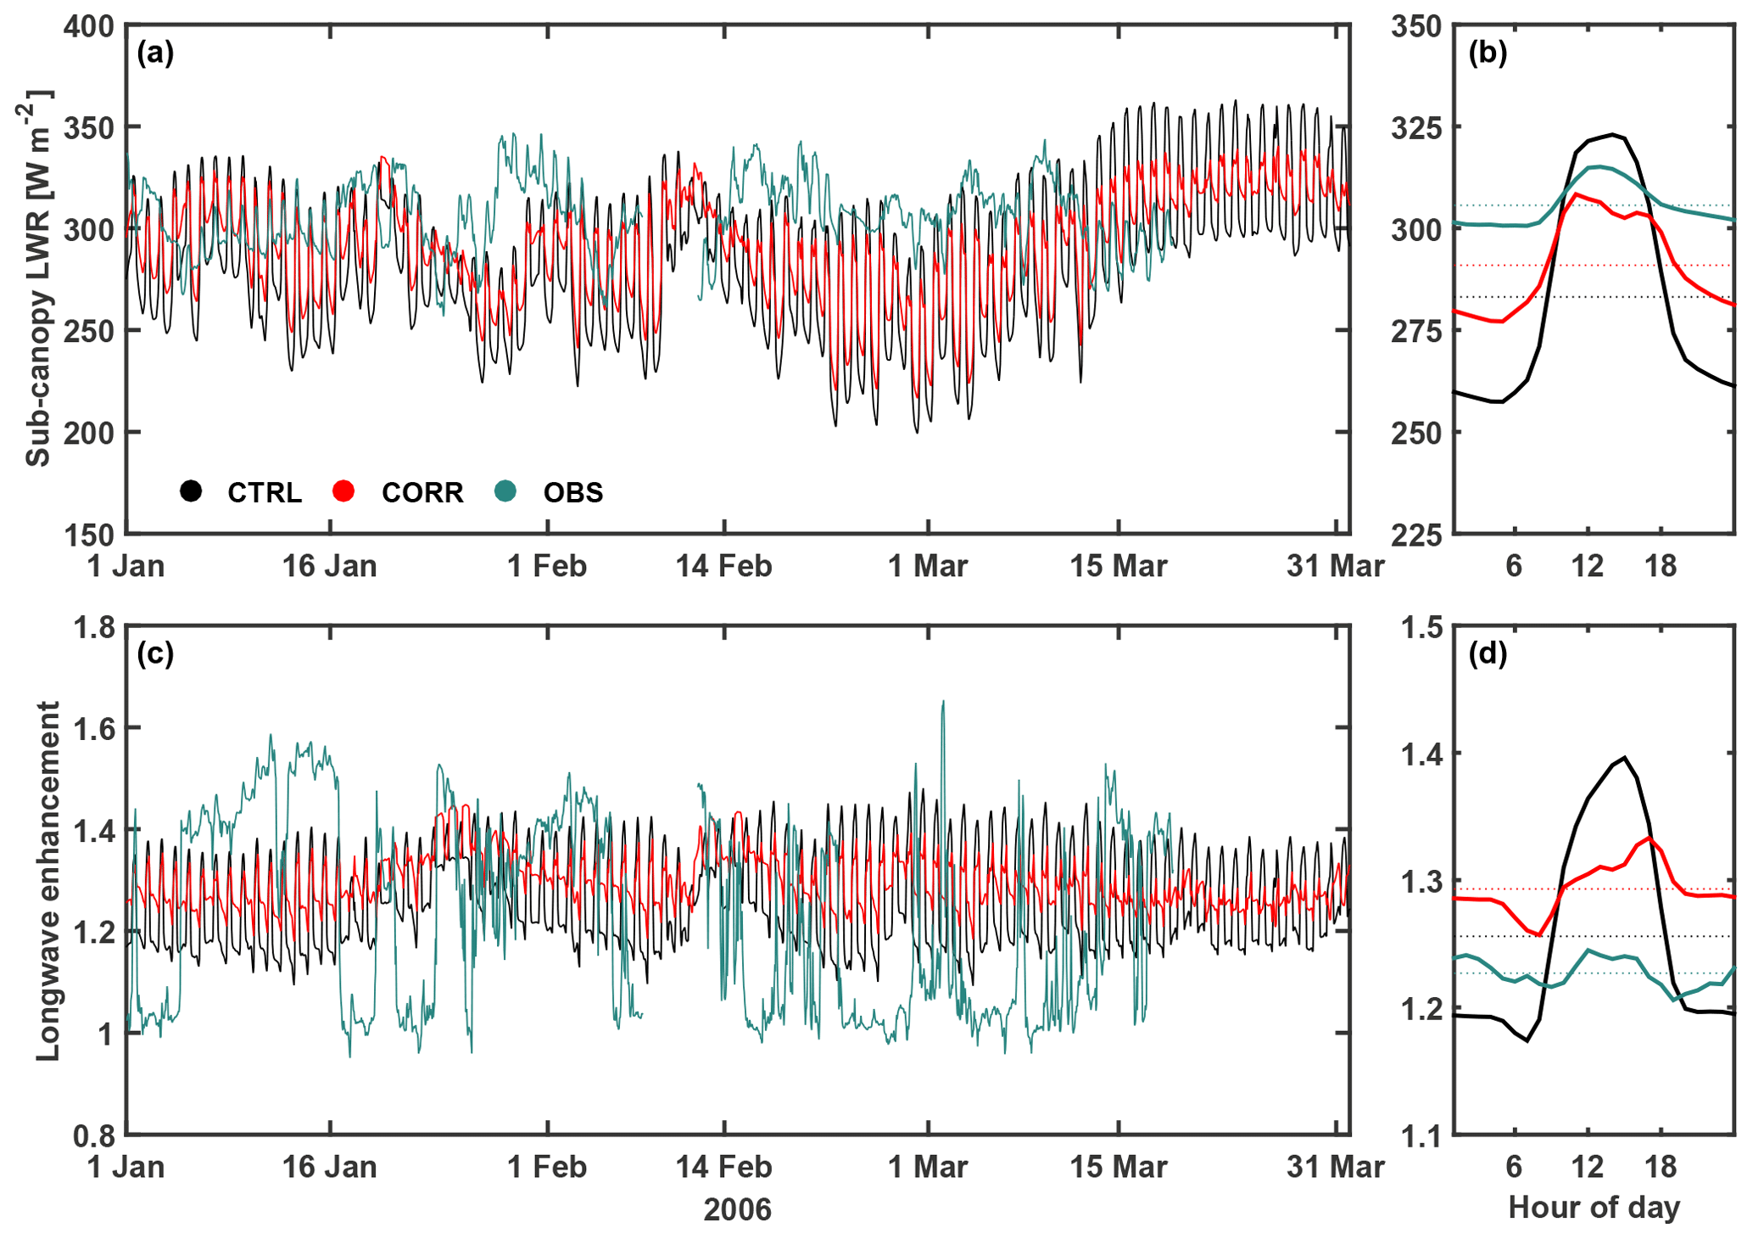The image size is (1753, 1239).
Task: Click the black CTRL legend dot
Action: [x=191, y=491]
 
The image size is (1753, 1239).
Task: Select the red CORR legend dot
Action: [x=343, y=491]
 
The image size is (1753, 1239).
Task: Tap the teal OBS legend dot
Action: [x=505, y=491]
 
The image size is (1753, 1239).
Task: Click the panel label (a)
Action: [x=155, y=53]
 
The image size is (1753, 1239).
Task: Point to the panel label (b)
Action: [x=1488, y=53]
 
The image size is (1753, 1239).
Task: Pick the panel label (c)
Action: [x=155, y=653]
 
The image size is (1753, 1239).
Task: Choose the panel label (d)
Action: [x=1488, y=653]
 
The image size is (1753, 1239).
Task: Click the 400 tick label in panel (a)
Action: [x=89, y=26]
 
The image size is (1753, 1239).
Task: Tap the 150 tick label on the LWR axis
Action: [x=89, y=535]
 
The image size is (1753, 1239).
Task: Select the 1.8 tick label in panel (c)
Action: [x=94, y=628]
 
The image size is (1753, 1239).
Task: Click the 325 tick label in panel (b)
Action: [x=1416, y=128]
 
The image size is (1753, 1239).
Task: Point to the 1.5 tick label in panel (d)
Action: [x=1421, y=628]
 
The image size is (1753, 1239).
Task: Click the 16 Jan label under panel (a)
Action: [x=329, y=566]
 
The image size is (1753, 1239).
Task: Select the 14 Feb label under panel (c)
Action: [x=723, y=1167]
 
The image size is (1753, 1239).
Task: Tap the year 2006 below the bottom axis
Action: [x=738, y=1209]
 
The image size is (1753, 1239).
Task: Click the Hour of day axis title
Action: [x=1594, y=1207]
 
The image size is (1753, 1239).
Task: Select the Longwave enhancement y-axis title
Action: [x=47, y=880]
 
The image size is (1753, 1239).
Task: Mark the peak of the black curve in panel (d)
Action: [x=1624, y=757]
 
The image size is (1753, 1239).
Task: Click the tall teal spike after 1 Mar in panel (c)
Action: [x=943, y=702]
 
